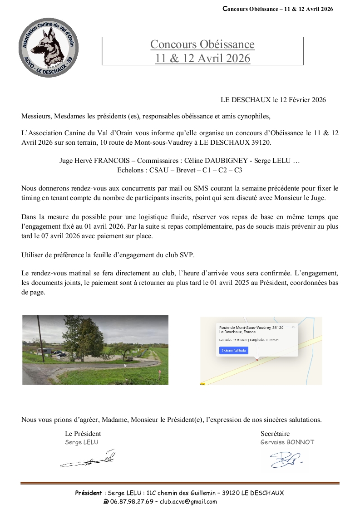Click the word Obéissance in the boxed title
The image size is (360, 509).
227,44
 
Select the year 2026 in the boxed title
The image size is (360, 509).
235,59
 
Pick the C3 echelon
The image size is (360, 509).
237,170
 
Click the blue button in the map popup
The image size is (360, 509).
234,350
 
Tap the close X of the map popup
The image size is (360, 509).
293,326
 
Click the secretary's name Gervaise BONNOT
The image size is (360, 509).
287,442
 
